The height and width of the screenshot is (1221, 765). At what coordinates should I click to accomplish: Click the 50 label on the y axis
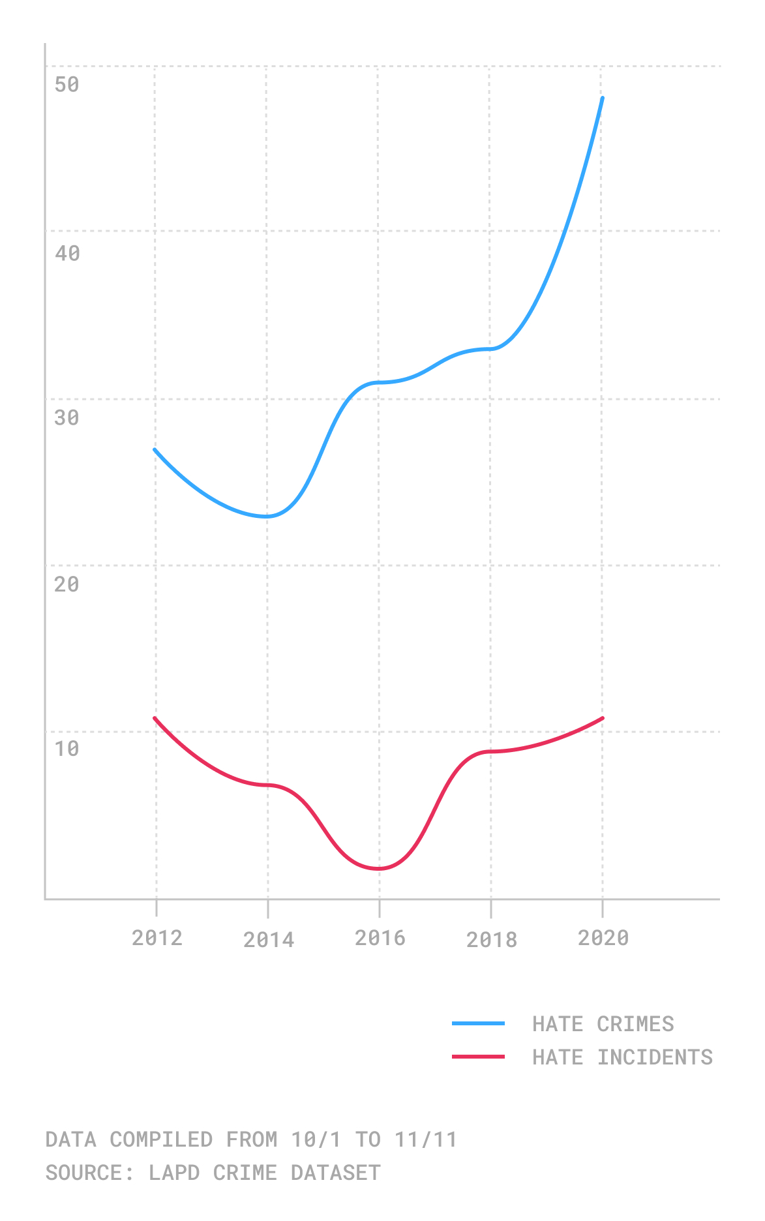coord(67,84)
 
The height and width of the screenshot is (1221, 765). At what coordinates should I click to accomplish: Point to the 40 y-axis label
coord(67,253)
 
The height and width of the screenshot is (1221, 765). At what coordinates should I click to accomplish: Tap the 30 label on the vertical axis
coord(67,417)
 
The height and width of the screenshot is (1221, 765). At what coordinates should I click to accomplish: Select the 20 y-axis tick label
coord(67,584)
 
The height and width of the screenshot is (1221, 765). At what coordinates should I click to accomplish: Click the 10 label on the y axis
coord(67,749)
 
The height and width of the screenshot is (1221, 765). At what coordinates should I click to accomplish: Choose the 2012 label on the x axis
coord(157,938)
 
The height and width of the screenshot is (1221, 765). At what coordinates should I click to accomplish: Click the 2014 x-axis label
coord(269,940)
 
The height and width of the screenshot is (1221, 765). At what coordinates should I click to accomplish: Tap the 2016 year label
coord(380,938)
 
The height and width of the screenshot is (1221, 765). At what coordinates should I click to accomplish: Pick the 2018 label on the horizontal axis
coord(492,940)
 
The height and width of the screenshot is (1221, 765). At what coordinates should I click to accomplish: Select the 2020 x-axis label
coord(603,938)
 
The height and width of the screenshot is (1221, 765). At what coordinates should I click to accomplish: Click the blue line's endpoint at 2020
coord(603,98)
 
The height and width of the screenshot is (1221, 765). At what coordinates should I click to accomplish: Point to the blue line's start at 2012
coord(155,449)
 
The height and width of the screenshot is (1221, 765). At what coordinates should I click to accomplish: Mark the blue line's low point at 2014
coord(267,517)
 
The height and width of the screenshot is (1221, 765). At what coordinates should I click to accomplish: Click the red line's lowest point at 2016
coord(379,869)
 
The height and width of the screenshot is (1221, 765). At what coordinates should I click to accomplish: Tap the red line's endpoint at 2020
coord(603,718)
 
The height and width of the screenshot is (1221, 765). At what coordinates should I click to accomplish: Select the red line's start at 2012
coord(155,718)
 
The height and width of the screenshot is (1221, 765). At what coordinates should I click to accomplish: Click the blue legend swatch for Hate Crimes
coord(478,1024)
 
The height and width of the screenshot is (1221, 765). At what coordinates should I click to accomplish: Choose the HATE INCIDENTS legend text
coord(623,1057)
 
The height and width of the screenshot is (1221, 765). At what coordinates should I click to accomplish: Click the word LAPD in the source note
coord(174,1173)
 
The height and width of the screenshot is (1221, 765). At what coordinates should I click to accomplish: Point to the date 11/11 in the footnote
coord(426,1139)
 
